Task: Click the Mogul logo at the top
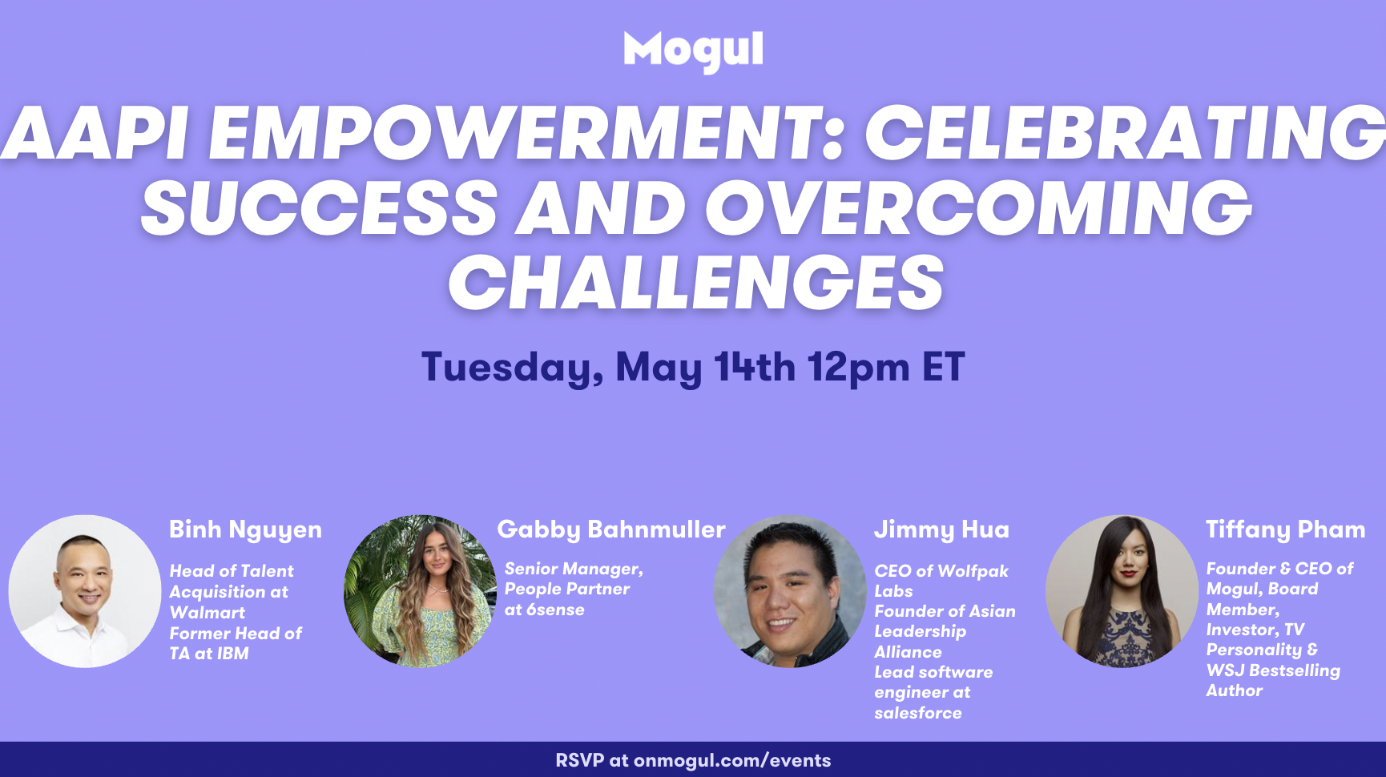click(x=693, y=51)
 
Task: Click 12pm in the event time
click(x=858, y=368)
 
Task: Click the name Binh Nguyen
click(x=245, y=530)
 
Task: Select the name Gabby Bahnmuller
click(x=611, y=529)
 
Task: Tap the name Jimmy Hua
click(x=941, y=530)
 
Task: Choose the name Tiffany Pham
click(x=1285, y=529)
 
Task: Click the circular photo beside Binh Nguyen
click(x=85, y=591)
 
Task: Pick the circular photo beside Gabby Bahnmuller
click(x=421, y=591)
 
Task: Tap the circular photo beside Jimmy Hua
click(x=791, y=591)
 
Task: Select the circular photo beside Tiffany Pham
click(x=1122, y=591)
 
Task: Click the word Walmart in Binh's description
click(x=207, y=613)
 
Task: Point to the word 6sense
click(x=555, y=610)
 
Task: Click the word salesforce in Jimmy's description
click(x=918, y=713)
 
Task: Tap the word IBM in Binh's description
click(x=233, y=654)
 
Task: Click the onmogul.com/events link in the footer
click(x=732, y=761)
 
